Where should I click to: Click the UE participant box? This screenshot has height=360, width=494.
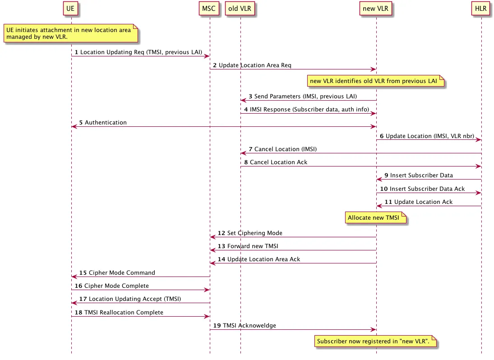click(x=70, y=9)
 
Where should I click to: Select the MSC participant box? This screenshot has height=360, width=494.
click(x=208, y=9)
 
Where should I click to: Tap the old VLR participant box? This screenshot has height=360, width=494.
click(x=240, y=9)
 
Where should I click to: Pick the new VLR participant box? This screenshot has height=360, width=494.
click(x=375, y=9)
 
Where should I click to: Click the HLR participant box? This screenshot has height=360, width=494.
click(x=481, y=9)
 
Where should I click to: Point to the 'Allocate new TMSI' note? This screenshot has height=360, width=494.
click(x=375, y=217)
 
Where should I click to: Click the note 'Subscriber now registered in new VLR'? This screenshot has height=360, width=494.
click(x=375, y=341)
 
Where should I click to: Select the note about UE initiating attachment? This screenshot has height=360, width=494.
click(x=71, y=33)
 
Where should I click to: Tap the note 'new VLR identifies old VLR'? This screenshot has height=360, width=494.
click(x=375, y=81)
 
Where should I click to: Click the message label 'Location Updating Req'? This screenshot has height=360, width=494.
click(x=112, y=52)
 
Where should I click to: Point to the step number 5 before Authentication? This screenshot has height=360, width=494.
click(x=81, y=123)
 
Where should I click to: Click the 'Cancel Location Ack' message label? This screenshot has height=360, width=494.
click(x=278, y=162)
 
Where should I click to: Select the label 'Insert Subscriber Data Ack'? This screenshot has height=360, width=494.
click(x=427, y=189)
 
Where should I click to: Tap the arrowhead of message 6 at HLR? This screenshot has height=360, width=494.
click(x=479, y=140)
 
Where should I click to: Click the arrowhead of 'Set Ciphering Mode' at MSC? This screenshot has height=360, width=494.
click(x=212, y=237)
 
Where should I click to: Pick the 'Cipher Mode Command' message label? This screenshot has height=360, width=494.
click(x=122, y=273)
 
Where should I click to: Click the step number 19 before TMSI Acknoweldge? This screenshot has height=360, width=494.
click(x=217, y=325)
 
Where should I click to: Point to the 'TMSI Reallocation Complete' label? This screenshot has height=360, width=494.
click(x=124, y=313)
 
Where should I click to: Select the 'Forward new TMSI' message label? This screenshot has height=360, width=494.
click(x=253, y=246)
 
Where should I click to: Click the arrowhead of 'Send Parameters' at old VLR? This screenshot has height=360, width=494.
click(x=243, y=101)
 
